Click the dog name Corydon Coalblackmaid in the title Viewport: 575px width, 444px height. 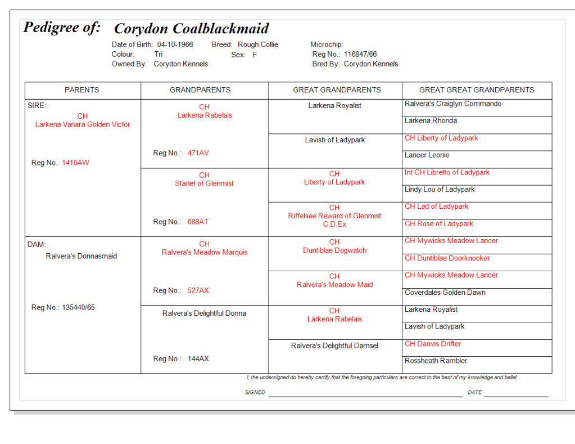191,29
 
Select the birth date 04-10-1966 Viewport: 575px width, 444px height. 175,44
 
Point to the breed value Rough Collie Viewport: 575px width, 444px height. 257,44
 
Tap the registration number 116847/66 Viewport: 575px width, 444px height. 360,55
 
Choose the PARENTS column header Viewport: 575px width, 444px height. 82,90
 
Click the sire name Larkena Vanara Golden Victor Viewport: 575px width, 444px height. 83,124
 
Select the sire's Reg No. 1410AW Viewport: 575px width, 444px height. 75,163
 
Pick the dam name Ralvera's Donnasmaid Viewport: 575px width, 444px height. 82,256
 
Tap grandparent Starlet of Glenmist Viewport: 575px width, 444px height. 204,183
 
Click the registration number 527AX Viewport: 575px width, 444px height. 198,291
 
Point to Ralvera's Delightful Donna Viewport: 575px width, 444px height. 204,313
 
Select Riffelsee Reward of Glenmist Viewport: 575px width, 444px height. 334,216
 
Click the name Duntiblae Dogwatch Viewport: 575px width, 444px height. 334,250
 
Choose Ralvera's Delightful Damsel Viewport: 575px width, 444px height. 334,346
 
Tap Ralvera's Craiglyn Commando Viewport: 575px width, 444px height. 453,104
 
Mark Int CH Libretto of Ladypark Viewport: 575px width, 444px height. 447,173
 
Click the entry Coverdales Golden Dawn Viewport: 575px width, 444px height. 445,293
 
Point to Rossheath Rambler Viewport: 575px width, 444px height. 436,361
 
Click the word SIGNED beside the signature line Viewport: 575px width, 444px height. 255,392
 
